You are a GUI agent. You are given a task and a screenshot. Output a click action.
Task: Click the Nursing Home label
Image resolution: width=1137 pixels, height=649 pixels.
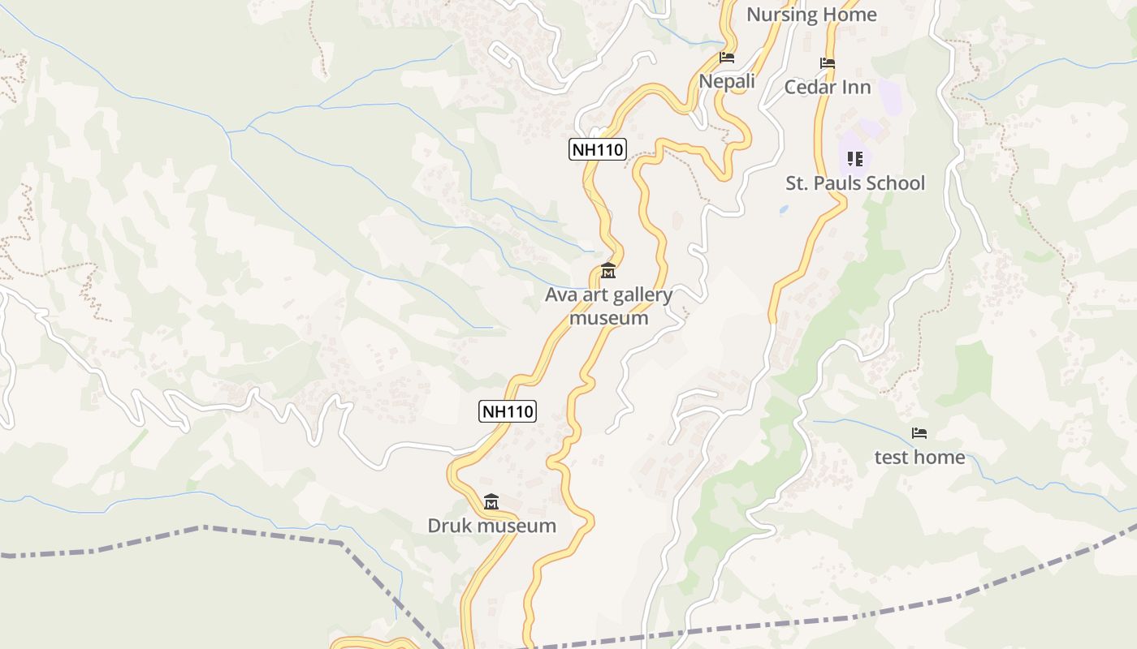[x=811, y=15]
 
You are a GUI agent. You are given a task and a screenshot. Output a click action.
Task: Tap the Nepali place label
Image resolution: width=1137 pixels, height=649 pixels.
[x=727, y=81]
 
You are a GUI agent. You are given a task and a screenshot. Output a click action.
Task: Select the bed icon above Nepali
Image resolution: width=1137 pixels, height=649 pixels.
[x=727, y=58]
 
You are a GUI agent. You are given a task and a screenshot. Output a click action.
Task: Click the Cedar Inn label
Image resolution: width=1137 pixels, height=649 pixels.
[x=827, y=87]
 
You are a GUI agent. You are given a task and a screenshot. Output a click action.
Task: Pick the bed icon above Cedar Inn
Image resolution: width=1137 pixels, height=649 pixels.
[x=828, y=62]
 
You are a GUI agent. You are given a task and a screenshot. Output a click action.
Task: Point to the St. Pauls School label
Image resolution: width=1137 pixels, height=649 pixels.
[x=854, y=183]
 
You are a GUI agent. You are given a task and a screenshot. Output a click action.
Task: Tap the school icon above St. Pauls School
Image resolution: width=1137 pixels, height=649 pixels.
[x=854, y=158]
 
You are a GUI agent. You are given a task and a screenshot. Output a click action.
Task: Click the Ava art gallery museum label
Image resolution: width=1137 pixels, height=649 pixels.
[x=608, y=306]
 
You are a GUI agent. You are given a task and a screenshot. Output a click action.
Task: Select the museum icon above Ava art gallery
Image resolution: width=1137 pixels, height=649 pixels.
[x=608, y=270]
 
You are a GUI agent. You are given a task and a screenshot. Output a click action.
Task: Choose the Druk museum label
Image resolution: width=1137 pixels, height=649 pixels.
[x=491, y=526]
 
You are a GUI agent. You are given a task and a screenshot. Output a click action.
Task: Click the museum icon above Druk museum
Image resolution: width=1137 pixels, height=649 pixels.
[x=491, y=502]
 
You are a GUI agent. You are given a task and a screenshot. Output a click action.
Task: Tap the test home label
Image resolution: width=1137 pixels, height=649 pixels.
[x=919, y=458]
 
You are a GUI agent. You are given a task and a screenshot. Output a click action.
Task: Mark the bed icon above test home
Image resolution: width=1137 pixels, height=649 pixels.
[x=919, y=433]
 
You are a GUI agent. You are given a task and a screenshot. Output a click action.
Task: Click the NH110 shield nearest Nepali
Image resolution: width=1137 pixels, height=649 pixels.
[x=598, y=149]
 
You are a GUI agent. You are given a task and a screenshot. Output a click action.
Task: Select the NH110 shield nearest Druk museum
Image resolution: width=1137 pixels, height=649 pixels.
[x=508, y=411]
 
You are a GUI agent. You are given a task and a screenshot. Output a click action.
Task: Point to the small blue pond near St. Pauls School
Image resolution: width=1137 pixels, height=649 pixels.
[x=783, y=209]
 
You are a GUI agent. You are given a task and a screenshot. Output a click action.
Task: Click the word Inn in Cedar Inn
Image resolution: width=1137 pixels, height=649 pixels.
[x=856, y=87]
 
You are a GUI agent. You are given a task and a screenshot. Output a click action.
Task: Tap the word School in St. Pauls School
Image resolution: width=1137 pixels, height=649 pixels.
[x=891, y=183]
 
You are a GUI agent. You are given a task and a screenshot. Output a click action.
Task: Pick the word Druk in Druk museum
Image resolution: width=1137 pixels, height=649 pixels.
[x=449, y=526]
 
